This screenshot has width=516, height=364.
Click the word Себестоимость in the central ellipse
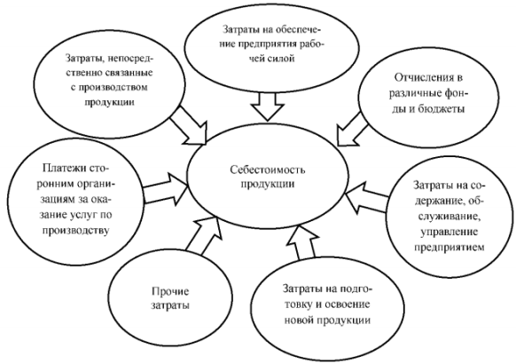pyautogui.click(x=267, y=170)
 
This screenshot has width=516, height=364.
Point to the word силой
pyautogui.click(x=280, y=59)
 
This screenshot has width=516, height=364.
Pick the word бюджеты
pyautogui.click(x=442, y=108)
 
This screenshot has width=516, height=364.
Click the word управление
pyautogui.click(x=449, y=232)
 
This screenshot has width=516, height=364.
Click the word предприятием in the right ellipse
pyautogui.click(x=449, y=247)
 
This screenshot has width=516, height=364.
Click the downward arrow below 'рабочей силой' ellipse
pyautogui.click(x=267, y=106)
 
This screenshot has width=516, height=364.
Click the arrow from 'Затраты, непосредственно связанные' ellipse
pyautogui.click(x=188, y=125)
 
